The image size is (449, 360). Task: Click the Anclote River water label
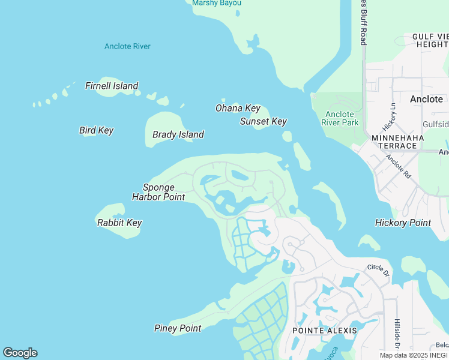click(x=127, y=46)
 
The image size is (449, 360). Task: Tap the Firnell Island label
click(x=112, y=86)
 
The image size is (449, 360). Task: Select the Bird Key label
click(x=96, y=130)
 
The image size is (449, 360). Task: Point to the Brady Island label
click(x=178, y=134)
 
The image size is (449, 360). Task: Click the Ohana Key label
click(x=238, y=108)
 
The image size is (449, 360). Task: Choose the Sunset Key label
click(x=263, y=121)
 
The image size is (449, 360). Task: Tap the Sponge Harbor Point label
click(x=158, y=192)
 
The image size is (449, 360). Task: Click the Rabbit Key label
click(x=119, y=223)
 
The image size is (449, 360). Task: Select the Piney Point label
click(x=178, y=328)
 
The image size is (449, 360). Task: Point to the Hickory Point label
click(x=403, y=223)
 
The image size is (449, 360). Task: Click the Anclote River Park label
click(x=340, y=118)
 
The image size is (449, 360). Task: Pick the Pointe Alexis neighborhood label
click(x=324, y=331)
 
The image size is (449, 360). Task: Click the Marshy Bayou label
click(x=217, y=3)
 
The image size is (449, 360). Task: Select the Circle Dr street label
click(x=378, y=270)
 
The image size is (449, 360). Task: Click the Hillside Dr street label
click(x=397, y=333)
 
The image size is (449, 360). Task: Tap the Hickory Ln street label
click(x=390, y=117)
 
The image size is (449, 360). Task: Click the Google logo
click(x=20, y=353)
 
